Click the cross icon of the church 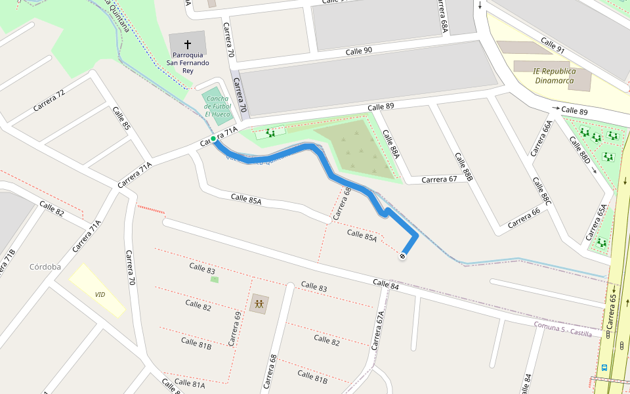click(188, 42)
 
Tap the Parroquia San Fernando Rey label click(188, 63)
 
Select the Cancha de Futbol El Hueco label click(217, 106)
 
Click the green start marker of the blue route click(213, 139)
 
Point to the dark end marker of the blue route click(402, 256)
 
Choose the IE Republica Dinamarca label click(555, 76)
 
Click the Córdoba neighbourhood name click(45, 267)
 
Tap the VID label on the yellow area click(100, 295)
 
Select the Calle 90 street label click(359, 51)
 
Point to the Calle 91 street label click(552, 45)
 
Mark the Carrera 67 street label click(439, 179)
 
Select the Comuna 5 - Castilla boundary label click(562, 330)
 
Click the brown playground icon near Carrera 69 click(259, 304)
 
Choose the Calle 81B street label click(196, 341)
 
